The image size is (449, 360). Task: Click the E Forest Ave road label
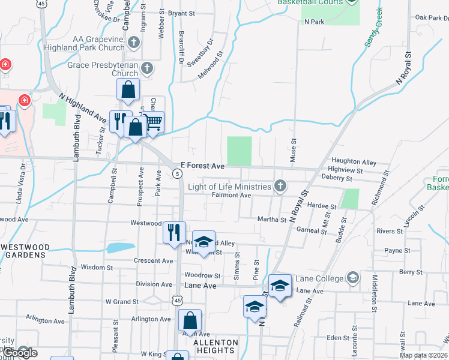pyautogui.click(x=202, y=165)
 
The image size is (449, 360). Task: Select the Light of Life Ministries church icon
pyautogui.click(x=280, y=187)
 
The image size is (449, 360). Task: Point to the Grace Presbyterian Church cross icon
pyautogui.click(x=146, y=68)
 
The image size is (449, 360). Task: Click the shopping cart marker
pyautogui.click(x=154, y=122)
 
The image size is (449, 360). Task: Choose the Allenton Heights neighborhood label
pyautogui.click(x=215, y=346)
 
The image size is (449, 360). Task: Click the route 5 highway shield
pyautogui.click(x=178, y=173)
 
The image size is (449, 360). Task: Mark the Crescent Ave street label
pyautogui.click(x=154, y=261)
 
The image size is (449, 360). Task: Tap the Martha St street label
pyautogui.click(x=272, y=220)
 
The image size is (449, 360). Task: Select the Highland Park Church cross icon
pyautogui.click(x=134, y=43)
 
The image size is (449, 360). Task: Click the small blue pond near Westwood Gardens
pyautogui.click(x=121, y=247)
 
